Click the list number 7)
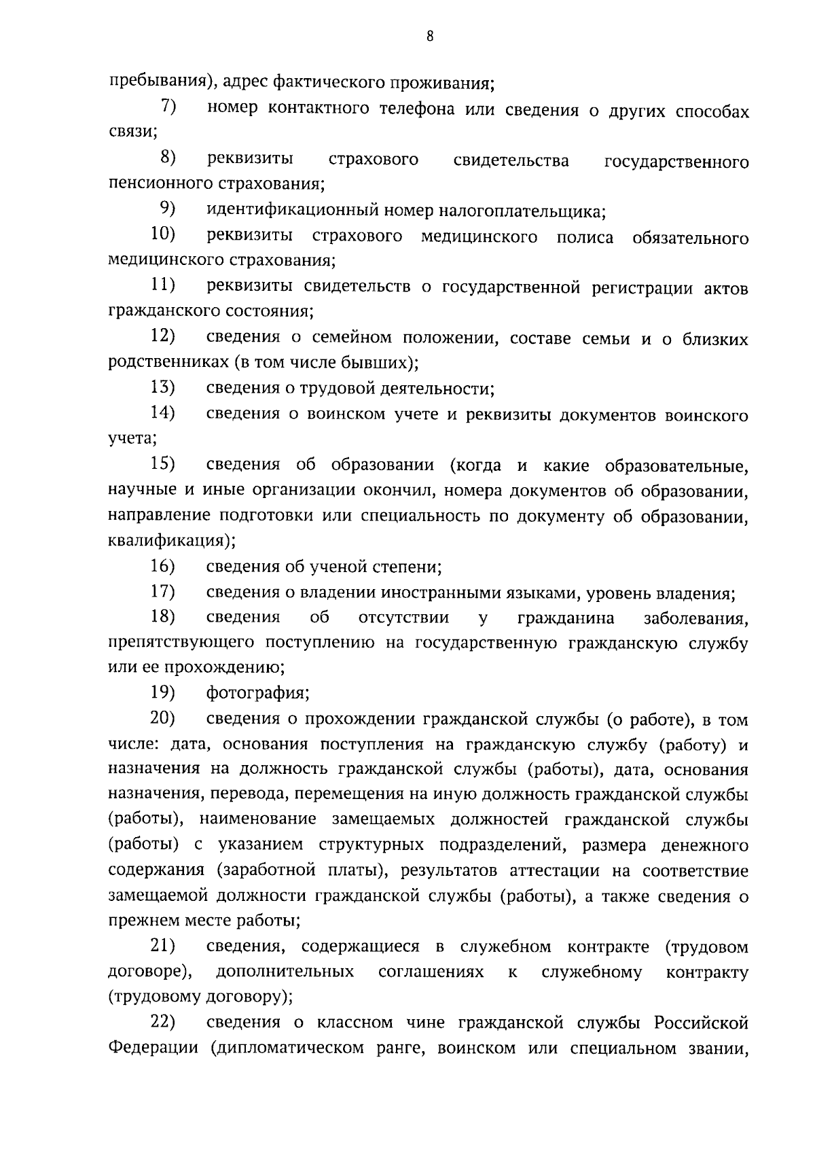pyautogui.click(x=168, y=107)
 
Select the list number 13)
pyautogui.click(x=163, y=387)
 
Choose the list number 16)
pyautogui.click(x=163, y=565)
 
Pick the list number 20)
pyautogui.click(x=163, y=717)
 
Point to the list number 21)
pyautogui.click(x=163, y=945)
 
